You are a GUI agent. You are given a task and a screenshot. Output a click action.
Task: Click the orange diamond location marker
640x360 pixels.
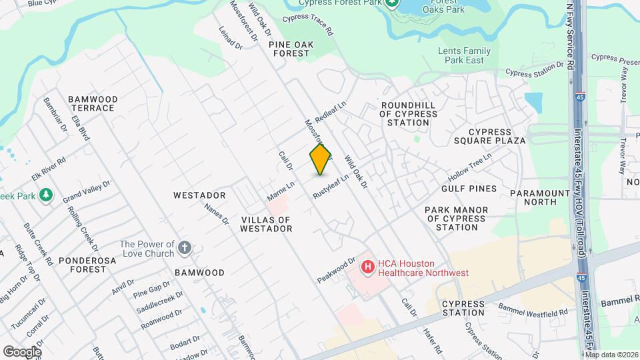321,159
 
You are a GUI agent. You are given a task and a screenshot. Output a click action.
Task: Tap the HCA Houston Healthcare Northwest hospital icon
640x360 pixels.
367,267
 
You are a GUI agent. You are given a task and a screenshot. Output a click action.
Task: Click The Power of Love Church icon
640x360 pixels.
185,249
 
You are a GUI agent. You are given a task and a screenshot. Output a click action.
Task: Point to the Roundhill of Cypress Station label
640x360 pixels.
409,114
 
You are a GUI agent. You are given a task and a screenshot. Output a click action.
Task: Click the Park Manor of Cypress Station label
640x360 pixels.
457,219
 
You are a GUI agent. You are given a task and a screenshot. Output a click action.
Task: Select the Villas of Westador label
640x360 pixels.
266,224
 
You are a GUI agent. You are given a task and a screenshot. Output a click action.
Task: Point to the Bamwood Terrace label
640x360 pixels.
93,103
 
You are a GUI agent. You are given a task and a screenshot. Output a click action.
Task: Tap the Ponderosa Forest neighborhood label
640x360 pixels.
82,265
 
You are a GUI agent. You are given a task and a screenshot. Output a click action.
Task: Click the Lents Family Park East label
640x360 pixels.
464,55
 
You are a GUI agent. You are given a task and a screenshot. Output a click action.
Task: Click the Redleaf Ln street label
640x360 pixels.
331,111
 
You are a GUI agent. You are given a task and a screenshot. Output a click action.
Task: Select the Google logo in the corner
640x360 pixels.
22,351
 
